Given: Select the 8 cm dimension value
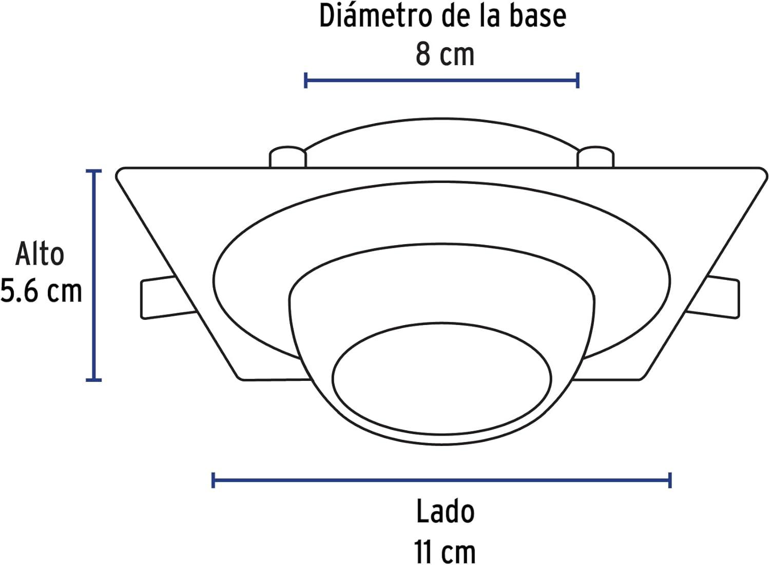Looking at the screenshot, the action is click(x=445, y=54).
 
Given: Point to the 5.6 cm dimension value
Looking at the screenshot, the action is click(x=41, y=291).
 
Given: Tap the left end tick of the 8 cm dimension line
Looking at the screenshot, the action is click(x=305, y=80).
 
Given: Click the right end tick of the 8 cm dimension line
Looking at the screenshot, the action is click(x=578, y=80).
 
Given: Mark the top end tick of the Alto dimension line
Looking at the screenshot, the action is click(x=93, y=171).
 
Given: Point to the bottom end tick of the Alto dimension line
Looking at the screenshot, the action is click(x=93, y=380).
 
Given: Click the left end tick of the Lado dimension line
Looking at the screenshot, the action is click(x=213, y=480).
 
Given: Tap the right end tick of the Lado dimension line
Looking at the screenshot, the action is click(x=670, y=480).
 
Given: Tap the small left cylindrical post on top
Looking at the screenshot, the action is click(x=287, y=157).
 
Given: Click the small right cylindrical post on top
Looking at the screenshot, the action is click(x=595, y=157).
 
